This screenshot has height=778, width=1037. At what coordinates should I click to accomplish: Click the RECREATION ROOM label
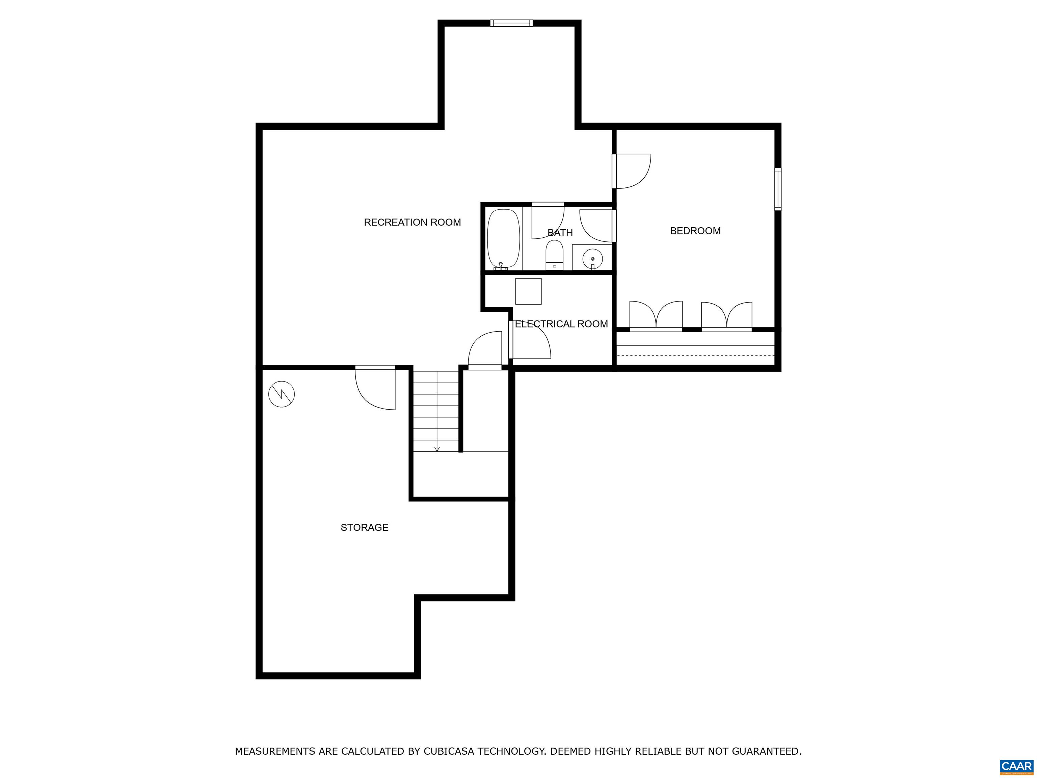coord(412,222)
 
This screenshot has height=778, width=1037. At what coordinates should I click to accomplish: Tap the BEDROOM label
coord(695,231)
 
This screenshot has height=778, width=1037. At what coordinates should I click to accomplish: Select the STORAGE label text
coord(364,527)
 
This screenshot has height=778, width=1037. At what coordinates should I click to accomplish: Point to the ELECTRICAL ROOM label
coord(561,324)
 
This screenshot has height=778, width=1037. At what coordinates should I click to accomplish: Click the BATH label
coord(560,233)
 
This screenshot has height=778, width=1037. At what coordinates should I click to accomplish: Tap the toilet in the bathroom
coord(554,256)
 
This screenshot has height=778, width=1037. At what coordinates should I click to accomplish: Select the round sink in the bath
coord(592,258)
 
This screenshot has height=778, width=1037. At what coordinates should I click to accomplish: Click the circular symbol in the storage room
coord(281,394)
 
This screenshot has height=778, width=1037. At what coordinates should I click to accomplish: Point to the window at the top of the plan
coord(511,23)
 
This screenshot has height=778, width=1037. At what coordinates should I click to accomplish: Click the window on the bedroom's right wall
coord(778,189)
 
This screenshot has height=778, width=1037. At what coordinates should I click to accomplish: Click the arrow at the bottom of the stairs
coord(437,449)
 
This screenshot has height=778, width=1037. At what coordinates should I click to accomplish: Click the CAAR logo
coord(1016,766)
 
